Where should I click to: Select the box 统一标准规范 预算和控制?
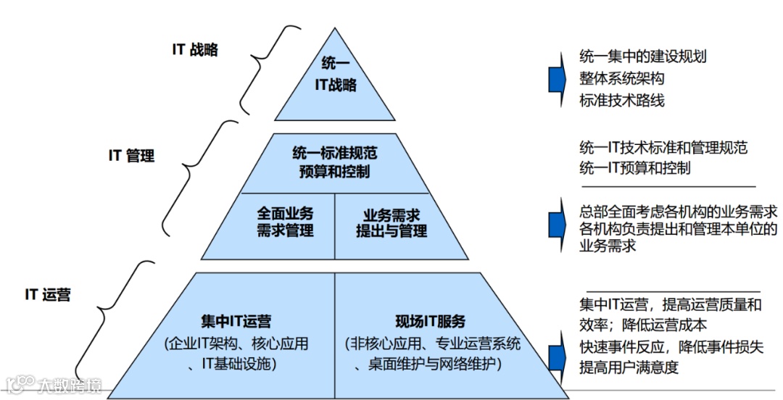click(334, 162)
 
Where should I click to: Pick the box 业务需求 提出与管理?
click(391, 223)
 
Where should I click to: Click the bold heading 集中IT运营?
click(236, 322)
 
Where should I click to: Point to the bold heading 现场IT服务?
click(430, 322)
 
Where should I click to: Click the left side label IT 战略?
click(195, 50)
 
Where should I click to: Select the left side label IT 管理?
click(131, 156)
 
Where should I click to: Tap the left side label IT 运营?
click(48, 294)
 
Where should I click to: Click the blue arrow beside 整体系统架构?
click(557, 77)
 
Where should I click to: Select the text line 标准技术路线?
click(621, 101)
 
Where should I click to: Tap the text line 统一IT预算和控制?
click(634, 168)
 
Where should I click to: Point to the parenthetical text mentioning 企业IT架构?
click(236, 352)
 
